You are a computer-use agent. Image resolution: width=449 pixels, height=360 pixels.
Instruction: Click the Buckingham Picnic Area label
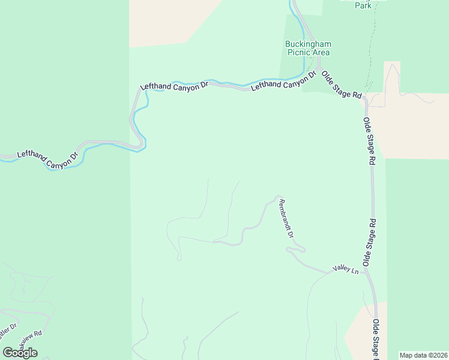click(308, 48)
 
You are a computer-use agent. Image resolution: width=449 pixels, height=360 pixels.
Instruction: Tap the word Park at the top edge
click(363, 5)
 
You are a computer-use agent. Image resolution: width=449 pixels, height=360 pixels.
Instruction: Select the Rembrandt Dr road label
click(286, 218)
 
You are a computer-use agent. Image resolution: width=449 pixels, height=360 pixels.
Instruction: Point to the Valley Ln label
click(346, 271)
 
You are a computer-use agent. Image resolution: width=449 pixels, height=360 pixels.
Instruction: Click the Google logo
click(20, 353)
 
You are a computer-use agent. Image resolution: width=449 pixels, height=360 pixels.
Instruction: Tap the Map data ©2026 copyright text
click(423, 355)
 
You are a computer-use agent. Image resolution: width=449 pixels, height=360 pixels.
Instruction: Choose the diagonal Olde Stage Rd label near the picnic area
click(342, 85)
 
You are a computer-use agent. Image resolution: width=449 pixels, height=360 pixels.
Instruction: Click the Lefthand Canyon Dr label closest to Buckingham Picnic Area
click(283, 82)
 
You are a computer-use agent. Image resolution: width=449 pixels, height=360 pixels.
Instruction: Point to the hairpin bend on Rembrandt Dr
click(303, 248)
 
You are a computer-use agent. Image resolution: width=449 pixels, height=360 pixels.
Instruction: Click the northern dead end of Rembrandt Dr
click(277, 196)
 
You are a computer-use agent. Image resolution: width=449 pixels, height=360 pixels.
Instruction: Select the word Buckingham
click(308, 44)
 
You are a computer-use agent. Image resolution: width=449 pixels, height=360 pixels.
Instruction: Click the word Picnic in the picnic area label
click(298, 52)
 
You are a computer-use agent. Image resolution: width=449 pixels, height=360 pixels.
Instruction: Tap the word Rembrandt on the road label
click(285, 214)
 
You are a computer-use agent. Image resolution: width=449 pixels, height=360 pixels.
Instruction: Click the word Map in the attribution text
click(406, 355)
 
